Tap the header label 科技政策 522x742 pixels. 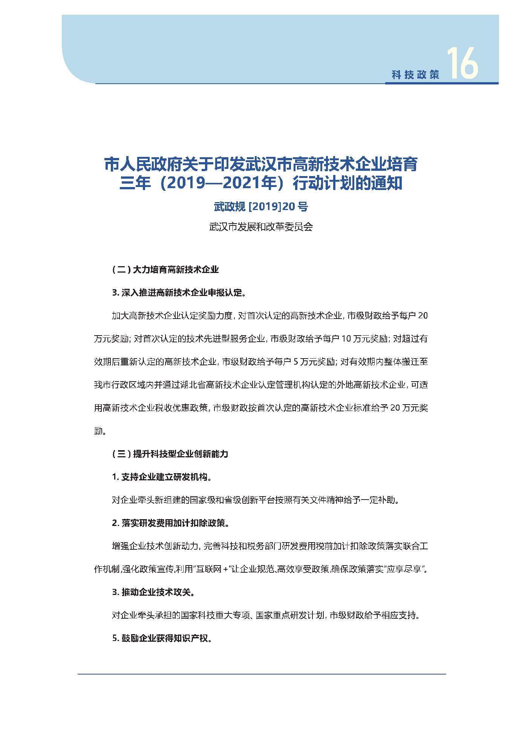(x=415, y=75)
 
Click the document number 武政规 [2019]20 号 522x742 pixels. (x=261, y=207)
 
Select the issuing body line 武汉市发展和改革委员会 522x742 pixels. (x=261, y=227)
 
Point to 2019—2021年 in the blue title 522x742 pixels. (x=218, y=184)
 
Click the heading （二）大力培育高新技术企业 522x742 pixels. (x=165, y=270)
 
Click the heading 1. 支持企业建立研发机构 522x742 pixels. (x=161, y=477)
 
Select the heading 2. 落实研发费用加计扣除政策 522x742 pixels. (x=170, y=523)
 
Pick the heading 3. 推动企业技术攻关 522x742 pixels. (x=153, y=592)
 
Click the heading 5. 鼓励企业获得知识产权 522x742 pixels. (x=161, y=638)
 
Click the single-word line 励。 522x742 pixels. (x=100, y=431)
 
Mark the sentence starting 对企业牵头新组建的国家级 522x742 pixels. (x=255, y=500)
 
